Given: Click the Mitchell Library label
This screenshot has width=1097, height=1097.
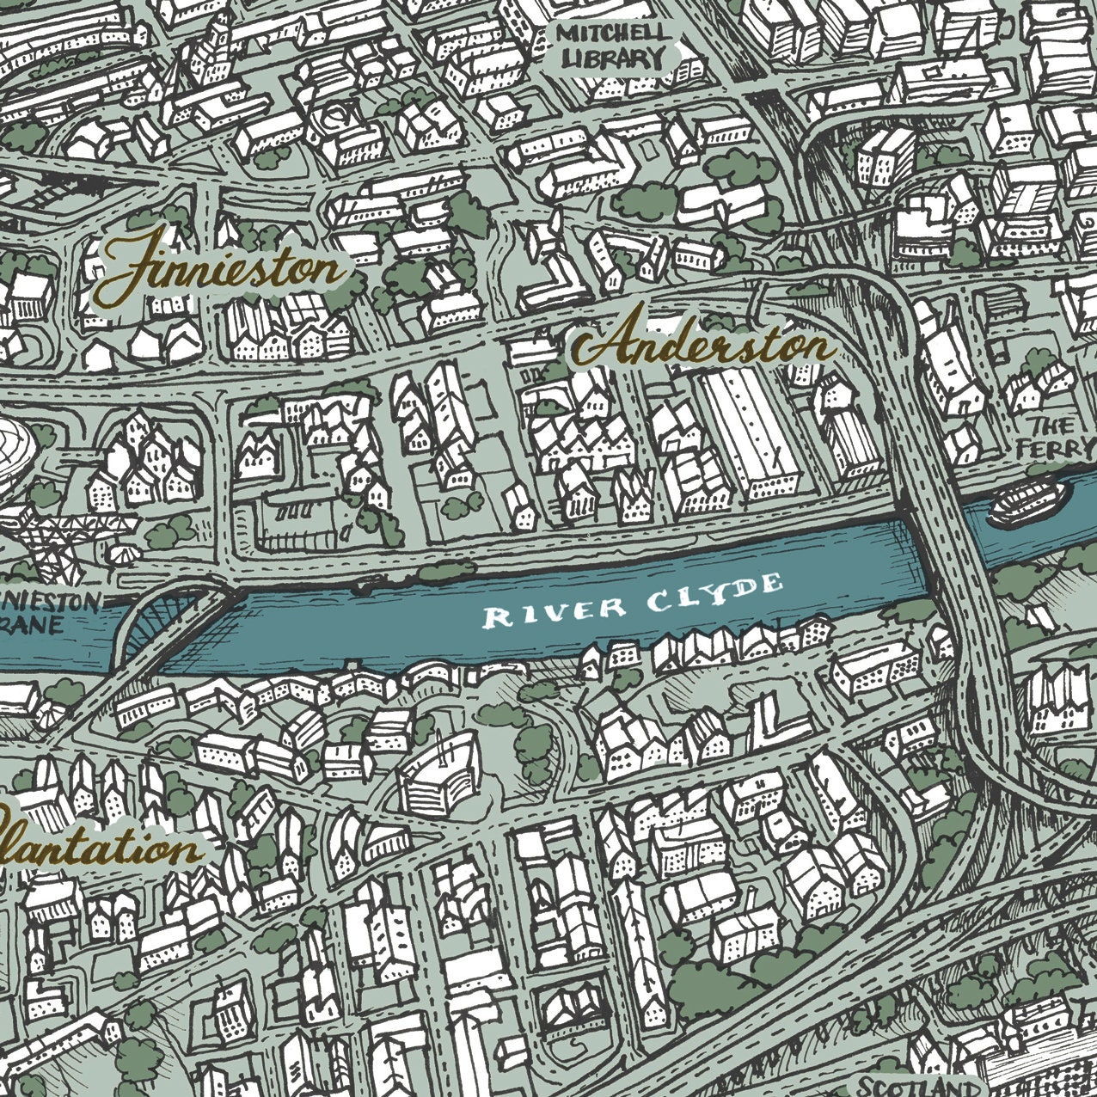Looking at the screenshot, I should (x=611, y=46).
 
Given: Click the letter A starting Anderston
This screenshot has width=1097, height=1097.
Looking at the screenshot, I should (x=598, y=344).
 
